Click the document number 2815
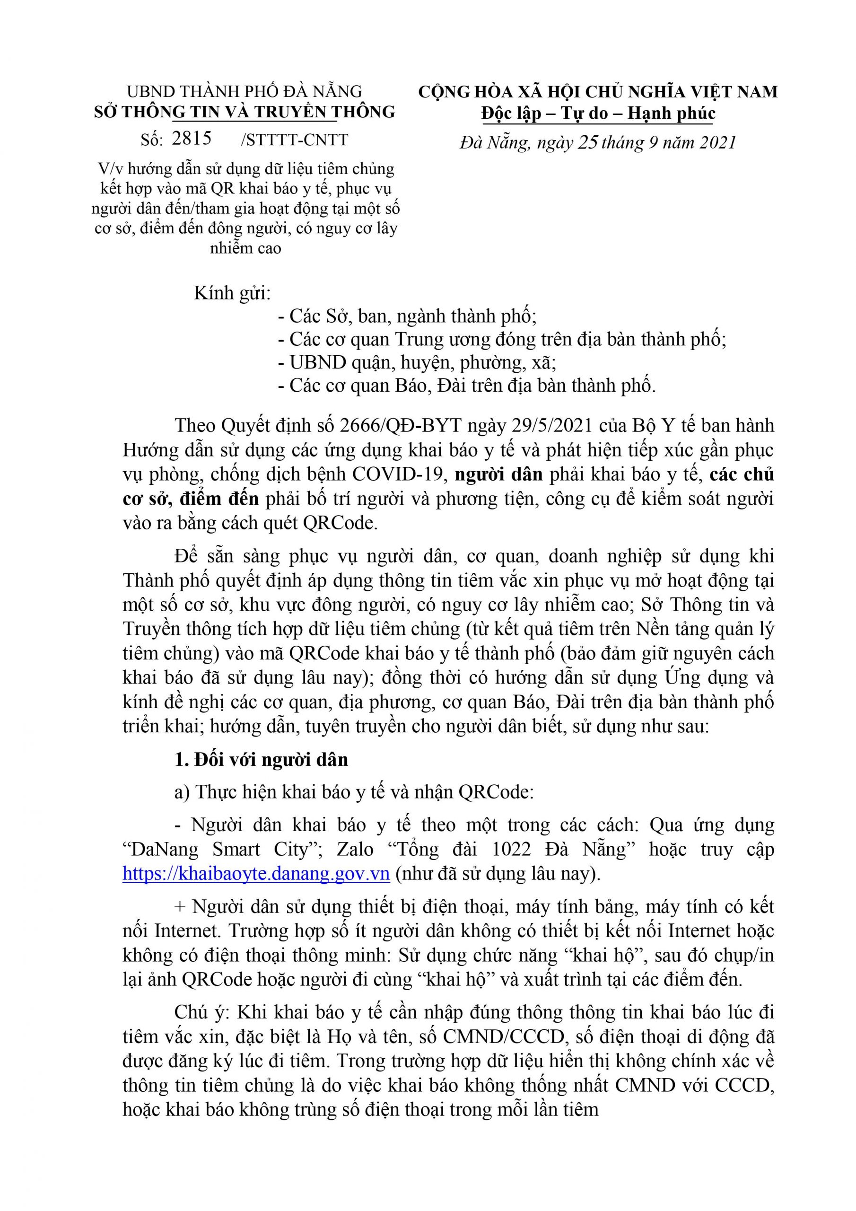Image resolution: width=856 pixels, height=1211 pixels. coord(192,138)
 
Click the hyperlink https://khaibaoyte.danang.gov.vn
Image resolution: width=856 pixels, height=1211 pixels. coord(256,874)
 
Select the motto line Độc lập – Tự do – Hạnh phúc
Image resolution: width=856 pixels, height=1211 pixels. coord(598,114)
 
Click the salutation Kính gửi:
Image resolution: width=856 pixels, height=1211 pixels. coord(232,293)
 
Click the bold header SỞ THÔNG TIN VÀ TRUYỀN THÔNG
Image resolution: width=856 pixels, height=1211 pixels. coord(244,112)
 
